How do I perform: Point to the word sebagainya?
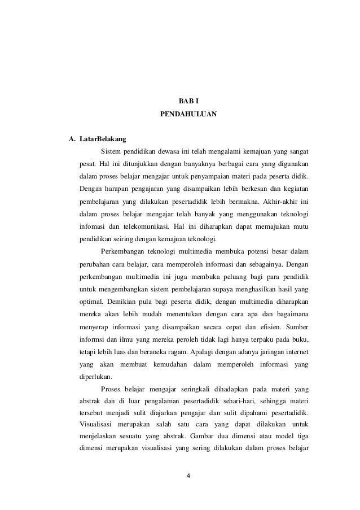(x=262, y=264)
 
